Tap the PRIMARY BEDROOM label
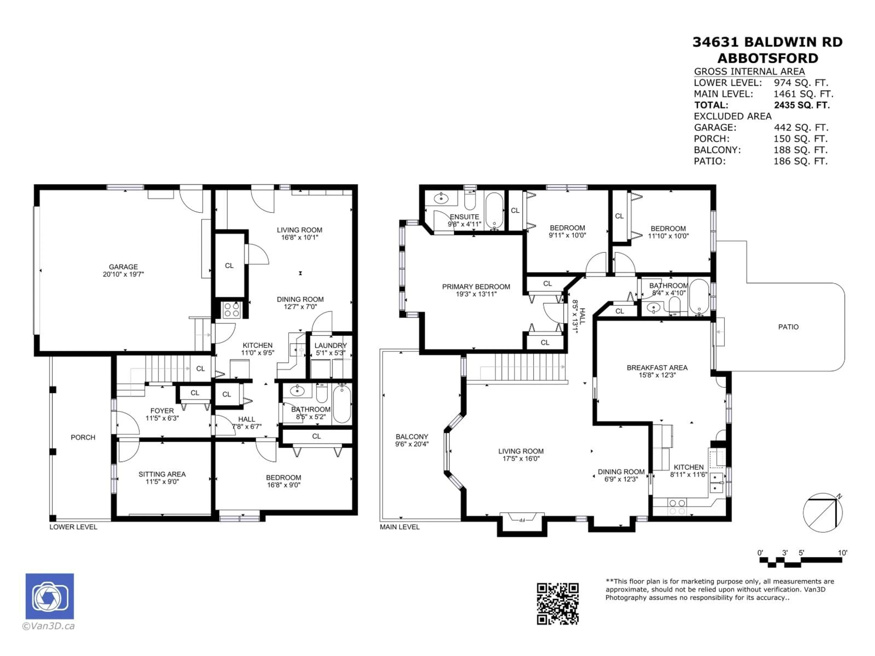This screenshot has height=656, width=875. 476,287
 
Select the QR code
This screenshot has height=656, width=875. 558,604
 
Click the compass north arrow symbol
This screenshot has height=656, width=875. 823,513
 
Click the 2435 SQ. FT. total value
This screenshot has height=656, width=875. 802,105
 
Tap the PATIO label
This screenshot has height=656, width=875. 788,327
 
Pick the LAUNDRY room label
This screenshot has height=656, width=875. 330,345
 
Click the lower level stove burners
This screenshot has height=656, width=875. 232,310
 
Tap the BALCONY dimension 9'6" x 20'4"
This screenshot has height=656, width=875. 412,444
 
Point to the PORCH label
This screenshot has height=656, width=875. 83,437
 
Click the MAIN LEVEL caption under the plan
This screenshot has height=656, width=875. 399,527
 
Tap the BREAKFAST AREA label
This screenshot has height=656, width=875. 657,368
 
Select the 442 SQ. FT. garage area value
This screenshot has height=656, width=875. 801,128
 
